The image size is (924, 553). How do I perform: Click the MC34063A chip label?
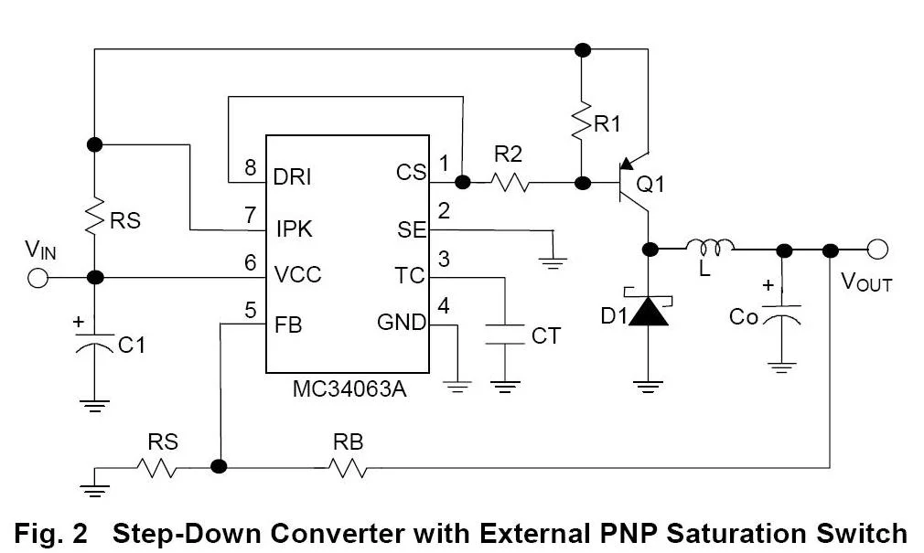pyautogui.click(x=349, y=388)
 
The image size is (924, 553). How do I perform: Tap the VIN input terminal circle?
pyautogui.click(x=38, y=278)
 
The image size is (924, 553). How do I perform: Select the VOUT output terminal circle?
pyautogui.click(x=878, y=250)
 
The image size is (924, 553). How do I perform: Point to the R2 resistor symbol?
pyautogui.click(x=509, y=183)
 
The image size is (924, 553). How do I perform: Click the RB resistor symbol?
pyautogui.click(x=349, y=467)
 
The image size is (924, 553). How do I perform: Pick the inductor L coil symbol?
pyautogui.click(x=711, y=247)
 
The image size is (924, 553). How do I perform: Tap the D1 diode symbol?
pyautogui.click(x=650, y=312)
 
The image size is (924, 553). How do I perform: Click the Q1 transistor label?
pyautogui.click(x=650, y=185)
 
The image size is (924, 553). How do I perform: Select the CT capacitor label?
pyautogui.click(x=546, y=336)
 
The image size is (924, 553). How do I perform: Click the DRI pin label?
pyautogui.click(x=293, y=175)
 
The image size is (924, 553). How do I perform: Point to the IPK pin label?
pyautogui.click(x=293, y=229)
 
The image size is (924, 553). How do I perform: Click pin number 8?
pyautogui.click(x=249, y=168)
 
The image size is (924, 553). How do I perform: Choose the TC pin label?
pyautogui.click(x=411, y=276)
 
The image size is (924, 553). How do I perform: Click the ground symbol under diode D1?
pyautogui.click(x=650, y=385)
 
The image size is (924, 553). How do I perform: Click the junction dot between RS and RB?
pyautogui.click(x=219, y=466)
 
